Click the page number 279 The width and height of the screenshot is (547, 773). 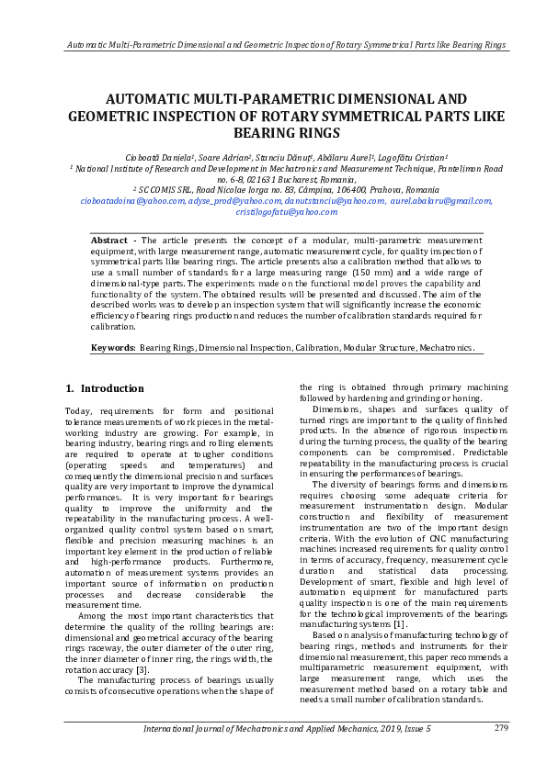[501, 728]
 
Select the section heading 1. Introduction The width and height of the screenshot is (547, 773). [105, 388]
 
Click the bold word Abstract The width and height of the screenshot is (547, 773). [109, 240]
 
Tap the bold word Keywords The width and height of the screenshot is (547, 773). [112, 348]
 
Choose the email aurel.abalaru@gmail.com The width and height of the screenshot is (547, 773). [440, 201]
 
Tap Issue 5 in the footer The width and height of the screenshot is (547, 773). [416, 728]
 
